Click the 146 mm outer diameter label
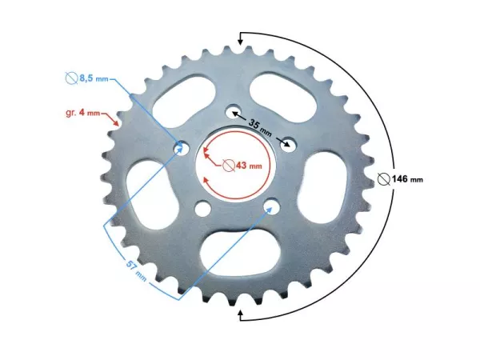click(x=404, y=178)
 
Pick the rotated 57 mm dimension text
click(x=136, y=272)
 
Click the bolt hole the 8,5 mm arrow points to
click(x=182, y=147)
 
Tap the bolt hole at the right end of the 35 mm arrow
click(x=289, y=144)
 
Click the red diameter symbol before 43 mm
click(x=230, y=166)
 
